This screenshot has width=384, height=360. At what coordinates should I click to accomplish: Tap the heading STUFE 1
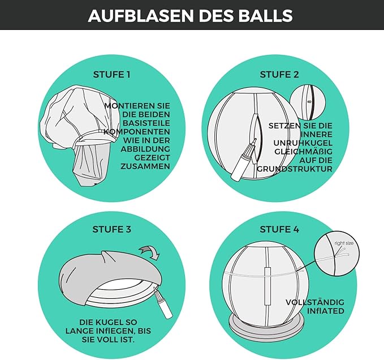(x=111, y=75)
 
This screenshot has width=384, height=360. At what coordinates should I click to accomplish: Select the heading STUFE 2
(x=279, y=75)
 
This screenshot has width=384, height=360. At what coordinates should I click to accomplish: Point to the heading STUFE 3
(x=111, y=229)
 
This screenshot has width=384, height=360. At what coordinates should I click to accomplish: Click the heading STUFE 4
(x=279, y=229)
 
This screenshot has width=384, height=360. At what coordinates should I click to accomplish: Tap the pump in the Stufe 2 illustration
(x=243, y=160)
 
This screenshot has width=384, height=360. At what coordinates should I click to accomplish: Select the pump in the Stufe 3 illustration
(x=163, y=303)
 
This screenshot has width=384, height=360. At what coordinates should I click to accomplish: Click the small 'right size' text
(x=344, y=243)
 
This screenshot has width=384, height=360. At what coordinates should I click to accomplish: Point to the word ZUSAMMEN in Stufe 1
(x=145, y=166)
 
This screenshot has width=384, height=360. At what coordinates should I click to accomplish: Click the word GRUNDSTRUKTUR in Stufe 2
(x=295, y=169)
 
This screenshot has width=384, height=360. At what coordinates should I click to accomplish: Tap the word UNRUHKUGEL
(x=303, y=143)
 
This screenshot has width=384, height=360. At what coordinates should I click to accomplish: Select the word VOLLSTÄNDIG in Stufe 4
(x=315, y=302)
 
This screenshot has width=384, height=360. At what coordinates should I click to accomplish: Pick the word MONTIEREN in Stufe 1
(x=137, y=106)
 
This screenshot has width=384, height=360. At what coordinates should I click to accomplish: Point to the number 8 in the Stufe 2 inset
(x=309, y=101)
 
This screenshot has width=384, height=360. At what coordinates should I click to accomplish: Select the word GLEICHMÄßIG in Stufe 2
(x=304, y=152)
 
